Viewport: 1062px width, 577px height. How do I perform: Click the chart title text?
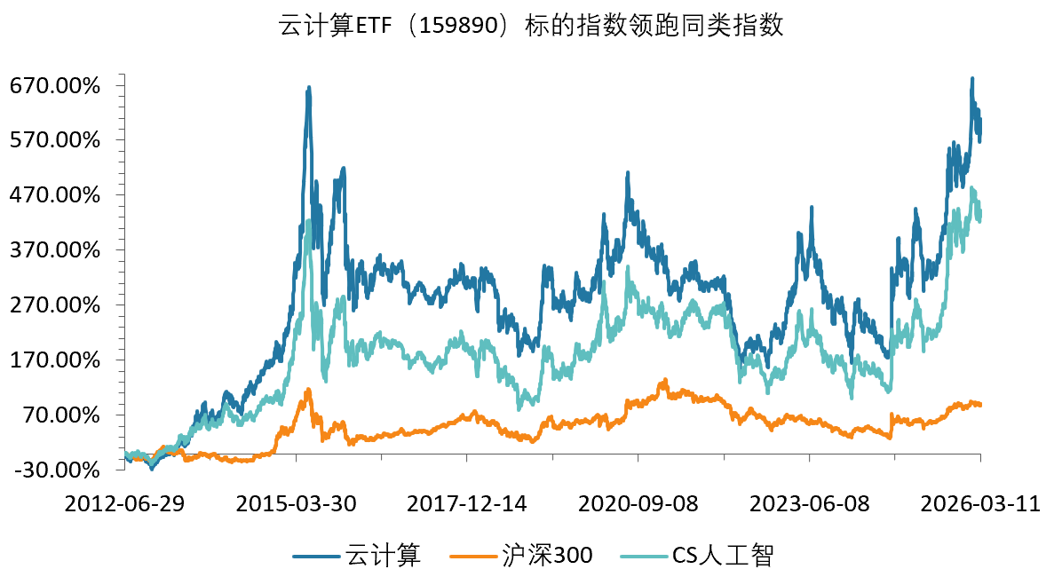click(531, 26)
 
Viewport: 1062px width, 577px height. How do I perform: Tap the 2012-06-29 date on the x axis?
click(125, 504)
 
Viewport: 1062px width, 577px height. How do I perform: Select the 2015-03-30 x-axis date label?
click(297, 504)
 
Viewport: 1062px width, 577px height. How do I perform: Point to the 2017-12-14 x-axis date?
click(467, 504)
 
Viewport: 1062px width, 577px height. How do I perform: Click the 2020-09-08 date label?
click(638, 504)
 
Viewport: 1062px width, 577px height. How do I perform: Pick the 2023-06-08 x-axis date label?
click(810, 504)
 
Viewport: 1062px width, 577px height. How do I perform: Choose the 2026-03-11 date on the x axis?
click(980, 504)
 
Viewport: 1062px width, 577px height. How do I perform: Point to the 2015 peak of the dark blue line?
click(308, 88)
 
